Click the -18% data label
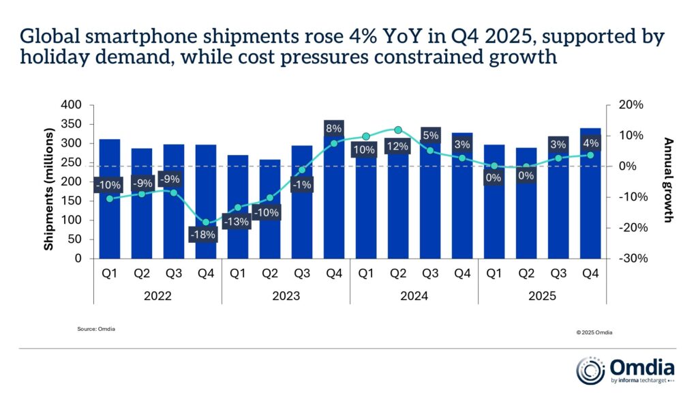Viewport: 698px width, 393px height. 203,235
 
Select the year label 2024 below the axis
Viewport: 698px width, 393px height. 414,296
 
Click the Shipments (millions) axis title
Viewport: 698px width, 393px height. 49,182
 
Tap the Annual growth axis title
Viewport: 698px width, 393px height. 669,180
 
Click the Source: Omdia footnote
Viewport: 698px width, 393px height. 96,329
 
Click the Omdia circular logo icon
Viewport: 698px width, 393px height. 590,370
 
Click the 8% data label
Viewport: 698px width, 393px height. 333,128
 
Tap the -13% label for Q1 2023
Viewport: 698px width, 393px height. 237,221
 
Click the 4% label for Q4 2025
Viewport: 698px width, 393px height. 590,143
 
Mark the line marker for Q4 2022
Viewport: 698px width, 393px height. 205,222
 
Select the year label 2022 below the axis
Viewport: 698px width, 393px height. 157,296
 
